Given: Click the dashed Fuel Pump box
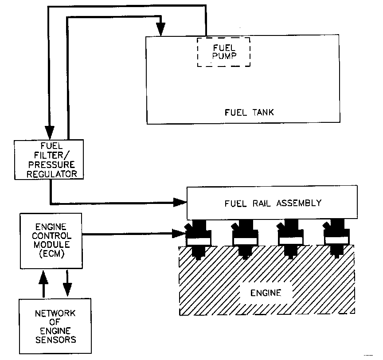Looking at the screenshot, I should tap(223, 52).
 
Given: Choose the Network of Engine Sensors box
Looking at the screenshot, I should tap(55, 326).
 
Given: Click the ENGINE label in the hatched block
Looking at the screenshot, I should tap(266, 293).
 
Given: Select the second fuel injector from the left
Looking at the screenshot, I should tap(245, 239).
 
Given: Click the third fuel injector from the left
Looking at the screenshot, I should tap(290, 239).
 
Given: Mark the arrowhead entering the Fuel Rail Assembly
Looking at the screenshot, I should tap(180, 203).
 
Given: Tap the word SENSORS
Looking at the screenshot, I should tap(55, 340).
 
